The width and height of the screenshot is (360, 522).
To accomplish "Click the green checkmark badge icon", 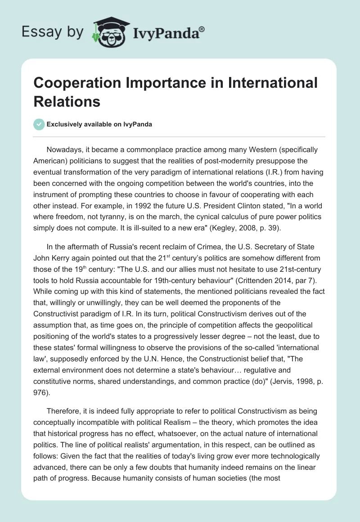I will coord(39,124).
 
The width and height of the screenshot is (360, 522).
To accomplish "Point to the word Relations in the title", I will coord(67,101).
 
